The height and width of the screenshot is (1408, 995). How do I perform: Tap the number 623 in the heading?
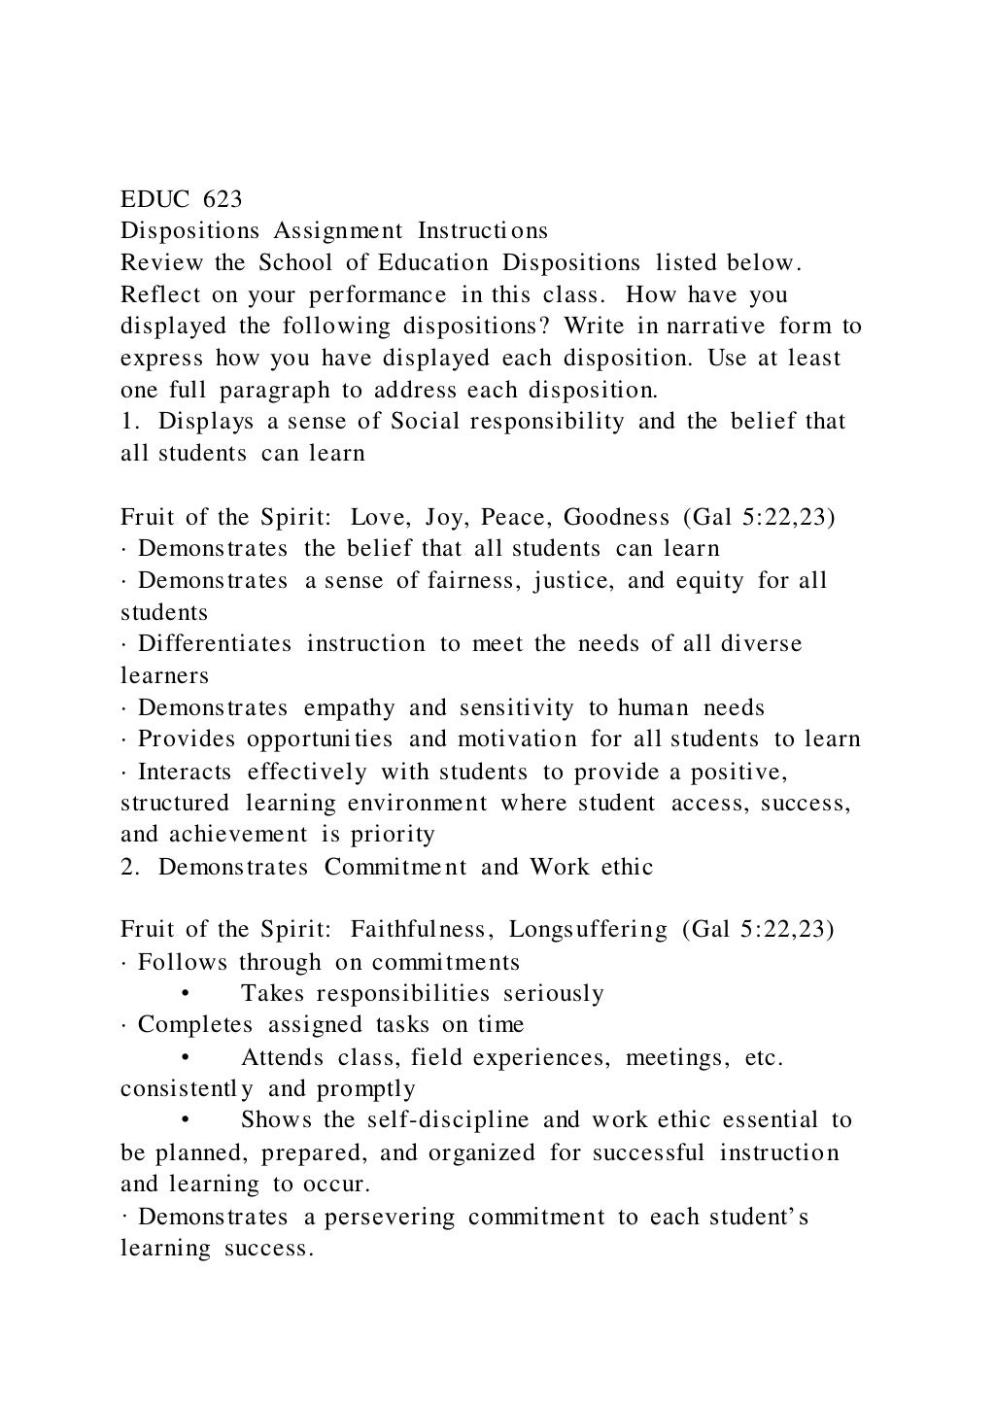[223, 199]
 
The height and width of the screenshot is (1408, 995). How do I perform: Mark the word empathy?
[349, 708]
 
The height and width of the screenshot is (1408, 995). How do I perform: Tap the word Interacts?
[185, 772]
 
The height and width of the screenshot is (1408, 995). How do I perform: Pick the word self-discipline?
[448, 1120]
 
